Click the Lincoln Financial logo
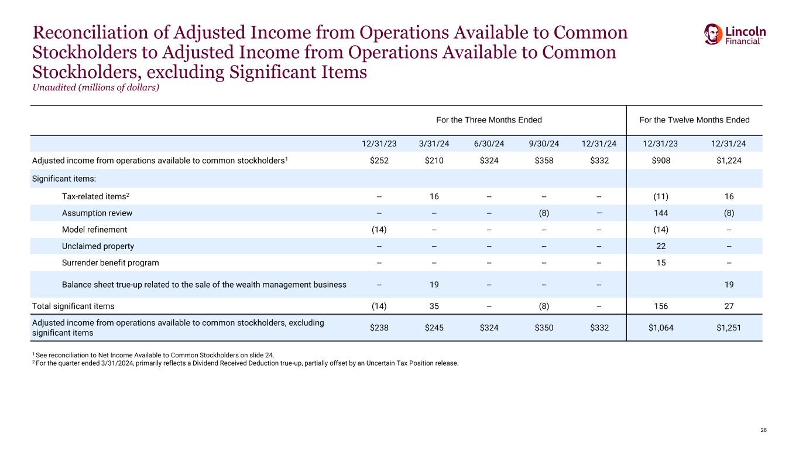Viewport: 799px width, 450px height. (735, 34)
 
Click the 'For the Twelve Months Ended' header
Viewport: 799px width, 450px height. (694, 120)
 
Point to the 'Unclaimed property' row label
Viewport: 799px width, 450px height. (98, 246)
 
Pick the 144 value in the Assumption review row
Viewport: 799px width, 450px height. (660, 213)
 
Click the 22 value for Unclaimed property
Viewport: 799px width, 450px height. (660, 246)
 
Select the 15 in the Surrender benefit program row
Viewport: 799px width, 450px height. (660, 262)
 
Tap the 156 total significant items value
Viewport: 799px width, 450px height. (660, 306)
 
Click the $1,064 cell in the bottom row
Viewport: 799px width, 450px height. (660, 328)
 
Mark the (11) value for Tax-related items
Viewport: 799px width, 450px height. (660, 197)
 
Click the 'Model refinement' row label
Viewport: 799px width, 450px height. (94, 230)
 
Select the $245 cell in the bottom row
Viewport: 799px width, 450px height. (434, 328)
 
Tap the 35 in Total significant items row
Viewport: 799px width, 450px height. (434, 306)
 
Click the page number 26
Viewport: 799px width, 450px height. (763, 430)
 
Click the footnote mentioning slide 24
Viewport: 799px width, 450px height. (153, 354)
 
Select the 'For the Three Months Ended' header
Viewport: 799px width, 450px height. (489, 120)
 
